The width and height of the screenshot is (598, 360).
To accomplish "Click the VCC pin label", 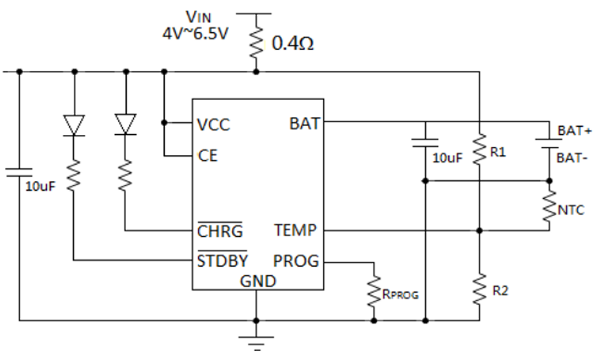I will click(x=214, y=124).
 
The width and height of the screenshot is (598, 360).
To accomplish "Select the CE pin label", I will click(x=207, y=156).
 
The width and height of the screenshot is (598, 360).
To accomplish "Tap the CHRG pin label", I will click(x=220, y=231).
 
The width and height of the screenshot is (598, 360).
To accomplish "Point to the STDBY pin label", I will click(x=223, y=261).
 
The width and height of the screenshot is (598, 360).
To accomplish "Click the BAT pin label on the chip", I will click(x=304, y=123).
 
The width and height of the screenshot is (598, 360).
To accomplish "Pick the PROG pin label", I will click(x=296, y=261).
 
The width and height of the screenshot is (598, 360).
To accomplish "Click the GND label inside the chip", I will click(x=257, y=281).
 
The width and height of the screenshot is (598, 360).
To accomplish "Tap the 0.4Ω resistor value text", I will click(x=292, y=42).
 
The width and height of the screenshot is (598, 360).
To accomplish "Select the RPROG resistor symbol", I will click(x=372, y=293).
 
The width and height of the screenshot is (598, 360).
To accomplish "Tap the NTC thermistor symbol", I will click(x=550, y=206).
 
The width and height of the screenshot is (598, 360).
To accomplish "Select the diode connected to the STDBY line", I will click(x=73, y=124).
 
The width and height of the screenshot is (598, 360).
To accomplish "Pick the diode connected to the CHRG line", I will click(x=125, y=124).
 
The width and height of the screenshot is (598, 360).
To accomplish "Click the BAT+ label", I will click(x=575, y=130).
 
